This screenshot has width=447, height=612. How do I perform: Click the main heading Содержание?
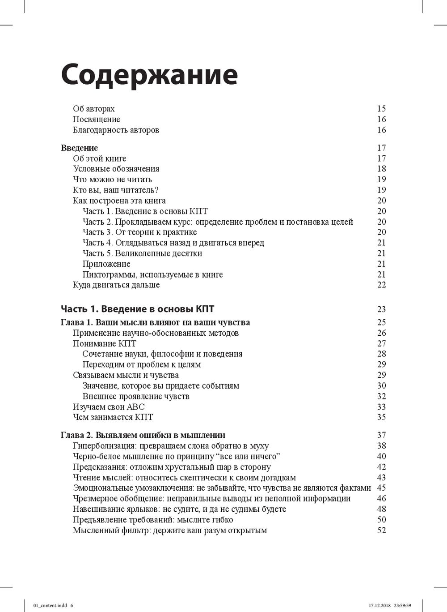pos(149,75)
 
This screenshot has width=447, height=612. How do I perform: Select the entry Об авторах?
pos(94,109)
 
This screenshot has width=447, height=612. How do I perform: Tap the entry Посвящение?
pos(97,120)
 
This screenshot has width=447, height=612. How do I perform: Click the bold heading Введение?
pos(79,148)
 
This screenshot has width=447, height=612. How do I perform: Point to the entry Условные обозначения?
pos(116,169)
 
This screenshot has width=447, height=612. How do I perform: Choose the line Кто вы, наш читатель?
pos(116,190)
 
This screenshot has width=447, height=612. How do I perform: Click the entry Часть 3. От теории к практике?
pos(139,232)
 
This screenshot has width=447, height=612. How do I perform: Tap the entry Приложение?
pos(106,264)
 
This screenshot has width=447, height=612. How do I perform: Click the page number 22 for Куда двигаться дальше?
pos(381,285)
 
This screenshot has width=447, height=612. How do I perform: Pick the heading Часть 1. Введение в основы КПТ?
pos(137,309)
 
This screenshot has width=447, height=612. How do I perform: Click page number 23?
pos(381,309)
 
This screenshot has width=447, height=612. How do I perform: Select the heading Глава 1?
pos(155,322)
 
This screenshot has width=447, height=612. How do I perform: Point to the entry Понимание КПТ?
pos(105,343)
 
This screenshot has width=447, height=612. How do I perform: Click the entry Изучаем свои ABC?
pos(109,407)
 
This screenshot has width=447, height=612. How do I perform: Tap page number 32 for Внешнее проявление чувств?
pos(381,396)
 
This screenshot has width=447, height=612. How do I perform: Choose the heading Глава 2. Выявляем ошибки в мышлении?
pos(143,435)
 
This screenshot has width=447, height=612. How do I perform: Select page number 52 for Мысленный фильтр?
pos(381,531)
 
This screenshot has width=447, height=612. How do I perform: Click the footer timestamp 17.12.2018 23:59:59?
pos(389,605)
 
